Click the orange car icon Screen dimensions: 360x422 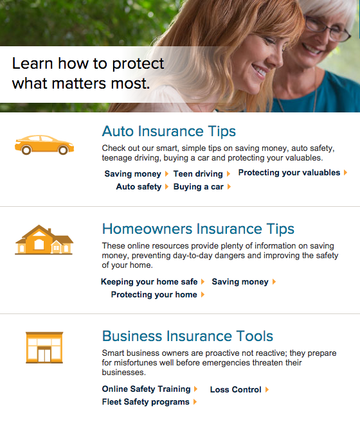(x=44, y=145)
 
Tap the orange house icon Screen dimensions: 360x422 (x=44, y=240)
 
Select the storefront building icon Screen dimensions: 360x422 (x=44, y=347)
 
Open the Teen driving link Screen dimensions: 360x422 (x=198, y=174)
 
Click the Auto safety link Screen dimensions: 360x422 (x=139, y=187)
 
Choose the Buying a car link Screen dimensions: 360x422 (x=199, y=187)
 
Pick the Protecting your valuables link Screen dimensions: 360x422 (x=289, y=173)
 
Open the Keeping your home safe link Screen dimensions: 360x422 (x=149, y=282)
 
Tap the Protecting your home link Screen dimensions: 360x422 (x=154, y=295)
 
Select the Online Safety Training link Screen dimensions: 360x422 (x=147, y=389)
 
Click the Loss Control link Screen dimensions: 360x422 (x=236, y=390)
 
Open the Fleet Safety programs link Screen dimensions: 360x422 (x=146, y=402)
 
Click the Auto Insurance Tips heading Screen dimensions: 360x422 (x=169, y=131)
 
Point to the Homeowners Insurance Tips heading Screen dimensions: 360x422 (x=198, y=229)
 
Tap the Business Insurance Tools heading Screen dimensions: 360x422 (x=188, y=336)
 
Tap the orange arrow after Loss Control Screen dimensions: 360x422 (x=267, y=390)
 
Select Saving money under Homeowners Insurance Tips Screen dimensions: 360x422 (x=240, y=282)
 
